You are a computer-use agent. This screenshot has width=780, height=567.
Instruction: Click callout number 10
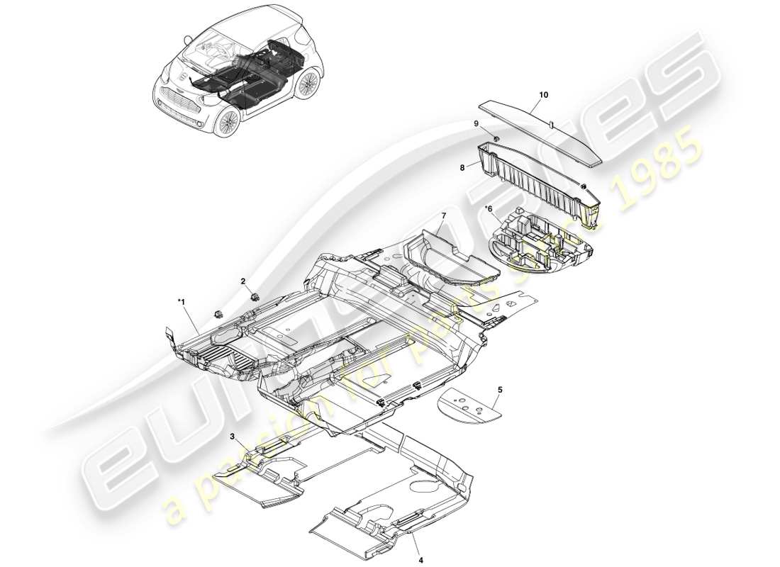coord(544,94)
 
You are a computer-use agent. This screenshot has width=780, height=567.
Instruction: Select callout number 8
coord(462,168)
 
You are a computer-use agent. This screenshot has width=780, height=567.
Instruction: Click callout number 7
coord(443,215)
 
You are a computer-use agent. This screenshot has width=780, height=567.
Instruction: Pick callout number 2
coord(243,281)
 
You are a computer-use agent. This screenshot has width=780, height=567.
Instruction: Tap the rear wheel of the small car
coord(308,84)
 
